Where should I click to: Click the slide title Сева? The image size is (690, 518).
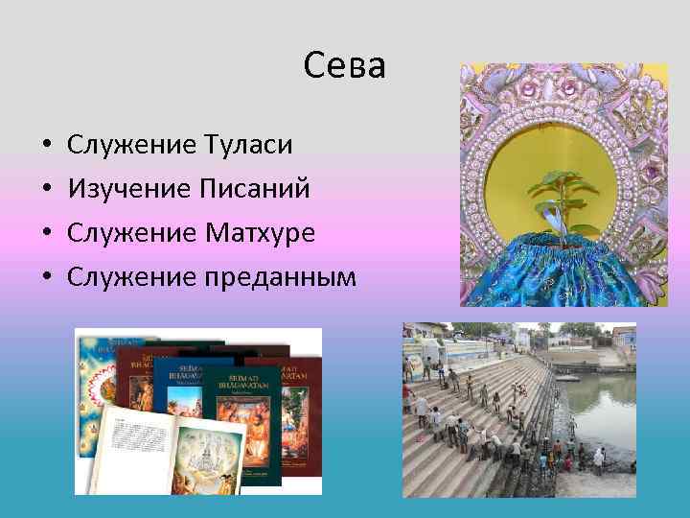click(344, 66)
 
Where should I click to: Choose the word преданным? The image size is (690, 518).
click(280, 277)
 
